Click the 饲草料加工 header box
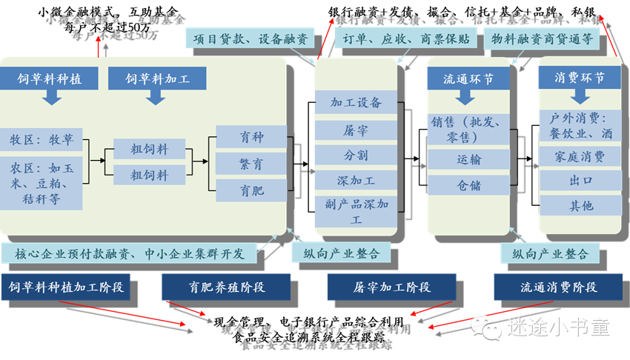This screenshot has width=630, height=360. [x=156, y=78]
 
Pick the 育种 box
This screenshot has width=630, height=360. [x=251, y=137]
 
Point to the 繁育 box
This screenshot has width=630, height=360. [x=251, y=164]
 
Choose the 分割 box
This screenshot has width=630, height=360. [x=356, y=156]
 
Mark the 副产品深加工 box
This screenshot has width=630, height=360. [x=356, y=211]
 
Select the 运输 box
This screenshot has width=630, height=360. [x=468, y=159]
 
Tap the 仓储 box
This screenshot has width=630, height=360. [x=468, y=185]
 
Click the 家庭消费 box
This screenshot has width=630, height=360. [x=580, y=157]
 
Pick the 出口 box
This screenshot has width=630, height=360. [x=580, y=181]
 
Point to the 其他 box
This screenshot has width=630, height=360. [x=580, y=206]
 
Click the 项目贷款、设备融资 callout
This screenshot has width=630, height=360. [x=251, y=40]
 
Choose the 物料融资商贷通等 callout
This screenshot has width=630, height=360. [x=542, y=40]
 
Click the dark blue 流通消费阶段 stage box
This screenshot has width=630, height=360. [x=548, y=287]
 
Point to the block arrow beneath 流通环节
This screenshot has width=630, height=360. [x=468, y=96]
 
